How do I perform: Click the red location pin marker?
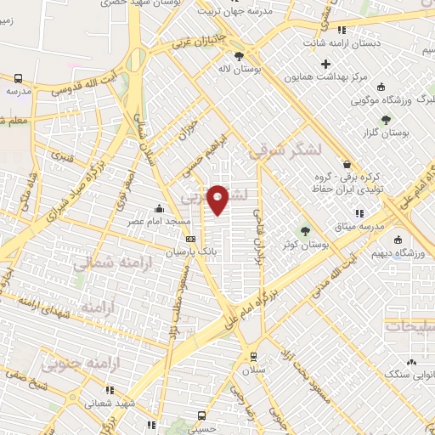(x=219, y=201)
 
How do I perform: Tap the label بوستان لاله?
(x=236, y=67)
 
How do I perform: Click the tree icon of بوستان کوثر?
(x=304, y=231)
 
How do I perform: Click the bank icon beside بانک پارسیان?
(x=191, y=239)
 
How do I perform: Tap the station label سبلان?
(x=253, y=371)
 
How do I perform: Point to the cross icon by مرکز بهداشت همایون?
(x=326, y=63)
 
